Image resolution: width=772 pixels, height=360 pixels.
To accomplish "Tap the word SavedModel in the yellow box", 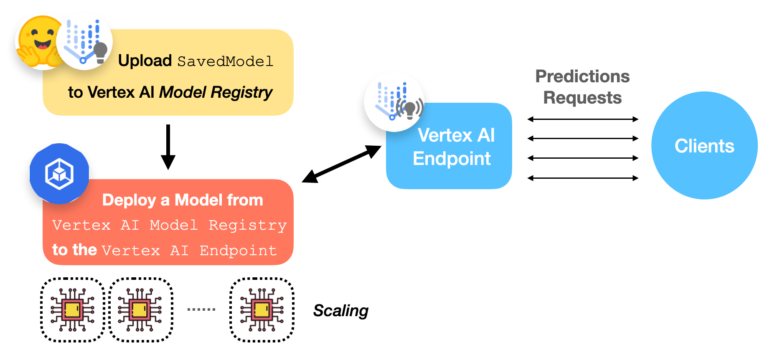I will click(x=226, y=62).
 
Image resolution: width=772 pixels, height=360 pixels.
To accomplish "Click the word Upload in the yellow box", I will click(x=145, y=61).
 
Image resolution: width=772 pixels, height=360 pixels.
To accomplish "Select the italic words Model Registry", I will click(x=216, y=92).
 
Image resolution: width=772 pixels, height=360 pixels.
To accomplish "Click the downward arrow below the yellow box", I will click(x=168, y=146).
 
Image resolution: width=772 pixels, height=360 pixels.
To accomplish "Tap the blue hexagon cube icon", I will click(x=59, y=174).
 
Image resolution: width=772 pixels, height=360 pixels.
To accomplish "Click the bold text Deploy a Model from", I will click(x=183, y=200).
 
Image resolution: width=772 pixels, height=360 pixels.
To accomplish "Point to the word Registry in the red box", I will click(x=247, y=226).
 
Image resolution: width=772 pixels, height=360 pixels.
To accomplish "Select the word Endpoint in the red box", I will click(x=238, y=251).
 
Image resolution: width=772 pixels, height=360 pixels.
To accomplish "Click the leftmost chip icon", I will click(x=72, y=310).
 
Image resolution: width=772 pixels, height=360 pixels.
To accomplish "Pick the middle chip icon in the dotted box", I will click(x=140, y=310).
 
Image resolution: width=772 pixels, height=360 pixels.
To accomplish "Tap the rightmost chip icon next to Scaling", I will click(x=262, y=310).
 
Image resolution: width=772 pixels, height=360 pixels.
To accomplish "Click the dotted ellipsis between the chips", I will click(x=201, y=309).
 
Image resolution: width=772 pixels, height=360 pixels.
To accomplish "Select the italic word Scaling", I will click(x=341, y=311).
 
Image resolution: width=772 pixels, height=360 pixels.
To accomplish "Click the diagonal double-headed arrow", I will click(x=342, y=164).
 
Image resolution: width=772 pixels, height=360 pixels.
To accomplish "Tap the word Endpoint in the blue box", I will click(x=452, y=159).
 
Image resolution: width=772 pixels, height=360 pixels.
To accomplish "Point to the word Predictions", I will click(x=582, y=76).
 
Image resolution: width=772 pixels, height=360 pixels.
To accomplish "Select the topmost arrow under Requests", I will click(x=583, y=119).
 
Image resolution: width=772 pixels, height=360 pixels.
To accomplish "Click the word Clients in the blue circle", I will click(x=704, y=146).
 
